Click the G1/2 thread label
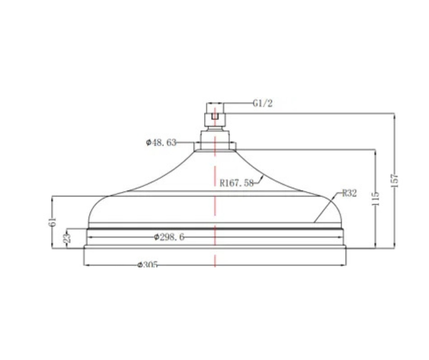[262, 103]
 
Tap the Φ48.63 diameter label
[161, 142]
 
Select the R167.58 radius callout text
[237, 183]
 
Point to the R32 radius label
[349, 193]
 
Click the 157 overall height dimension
[395, 180]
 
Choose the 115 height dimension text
[375, 199]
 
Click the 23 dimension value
[67, 238]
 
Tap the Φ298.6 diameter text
[169, 237]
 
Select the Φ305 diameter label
[148, 265]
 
